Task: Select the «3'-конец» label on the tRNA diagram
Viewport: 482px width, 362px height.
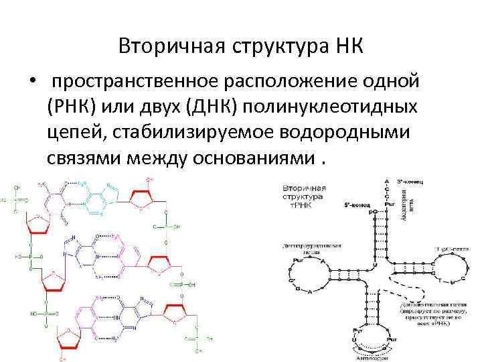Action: pyautogui.click(x=410, y=181)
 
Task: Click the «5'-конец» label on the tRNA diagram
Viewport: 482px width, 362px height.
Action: pyautogui.click(x=355, y=202)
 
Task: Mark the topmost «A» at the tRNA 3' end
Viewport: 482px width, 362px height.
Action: pyautogui.click(x=386, y=182)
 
